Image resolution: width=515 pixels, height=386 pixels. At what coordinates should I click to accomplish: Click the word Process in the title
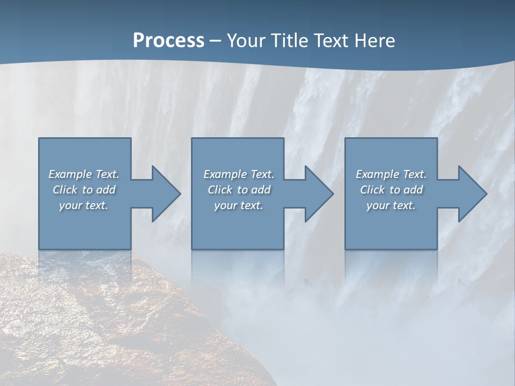(168, 40)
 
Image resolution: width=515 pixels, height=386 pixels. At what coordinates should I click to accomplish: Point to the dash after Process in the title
(216, 41)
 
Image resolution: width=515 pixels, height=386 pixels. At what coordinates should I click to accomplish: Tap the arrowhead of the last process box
(472, 194)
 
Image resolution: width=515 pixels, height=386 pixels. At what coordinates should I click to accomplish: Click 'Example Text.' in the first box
(84, 174)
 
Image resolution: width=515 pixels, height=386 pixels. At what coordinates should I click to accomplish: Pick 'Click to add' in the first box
(84, 190)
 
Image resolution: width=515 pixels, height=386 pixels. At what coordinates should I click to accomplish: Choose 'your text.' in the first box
(84, 205)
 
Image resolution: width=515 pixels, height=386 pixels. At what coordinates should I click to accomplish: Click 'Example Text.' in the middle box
(239, 174)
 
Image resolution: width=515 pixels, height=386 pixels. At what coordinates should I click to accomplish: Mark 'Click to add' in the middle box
(239, 190)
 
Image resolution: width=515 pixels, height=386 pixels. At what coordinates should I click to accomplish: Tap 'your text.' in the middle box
(239, 205)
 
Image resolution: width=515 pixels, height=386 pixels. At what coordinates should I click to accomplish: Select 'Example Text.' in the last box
(391, 174)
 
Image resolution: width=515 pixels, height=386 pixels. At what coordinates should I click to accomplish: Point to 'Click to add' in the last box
(391, 190)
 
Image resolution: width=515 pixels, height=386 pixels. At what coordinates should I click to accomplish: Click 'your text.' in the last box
(391, 205)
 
